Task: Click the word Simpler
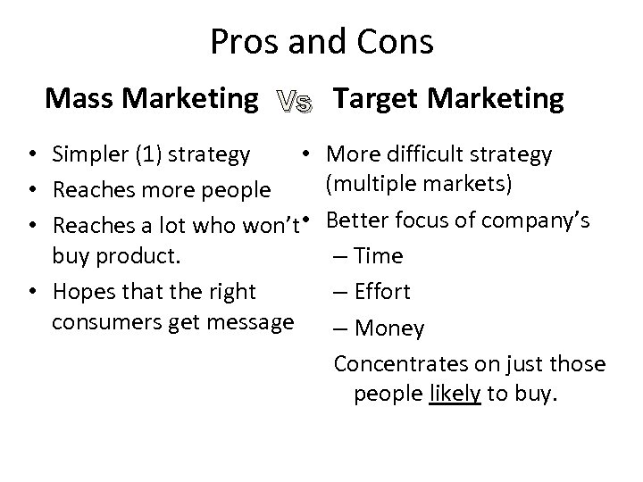coord(89,154)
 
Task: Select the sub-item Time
coord(379,256)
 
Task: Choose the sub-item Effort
coord(382,292)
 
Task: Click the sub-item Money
coord(389,328)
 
